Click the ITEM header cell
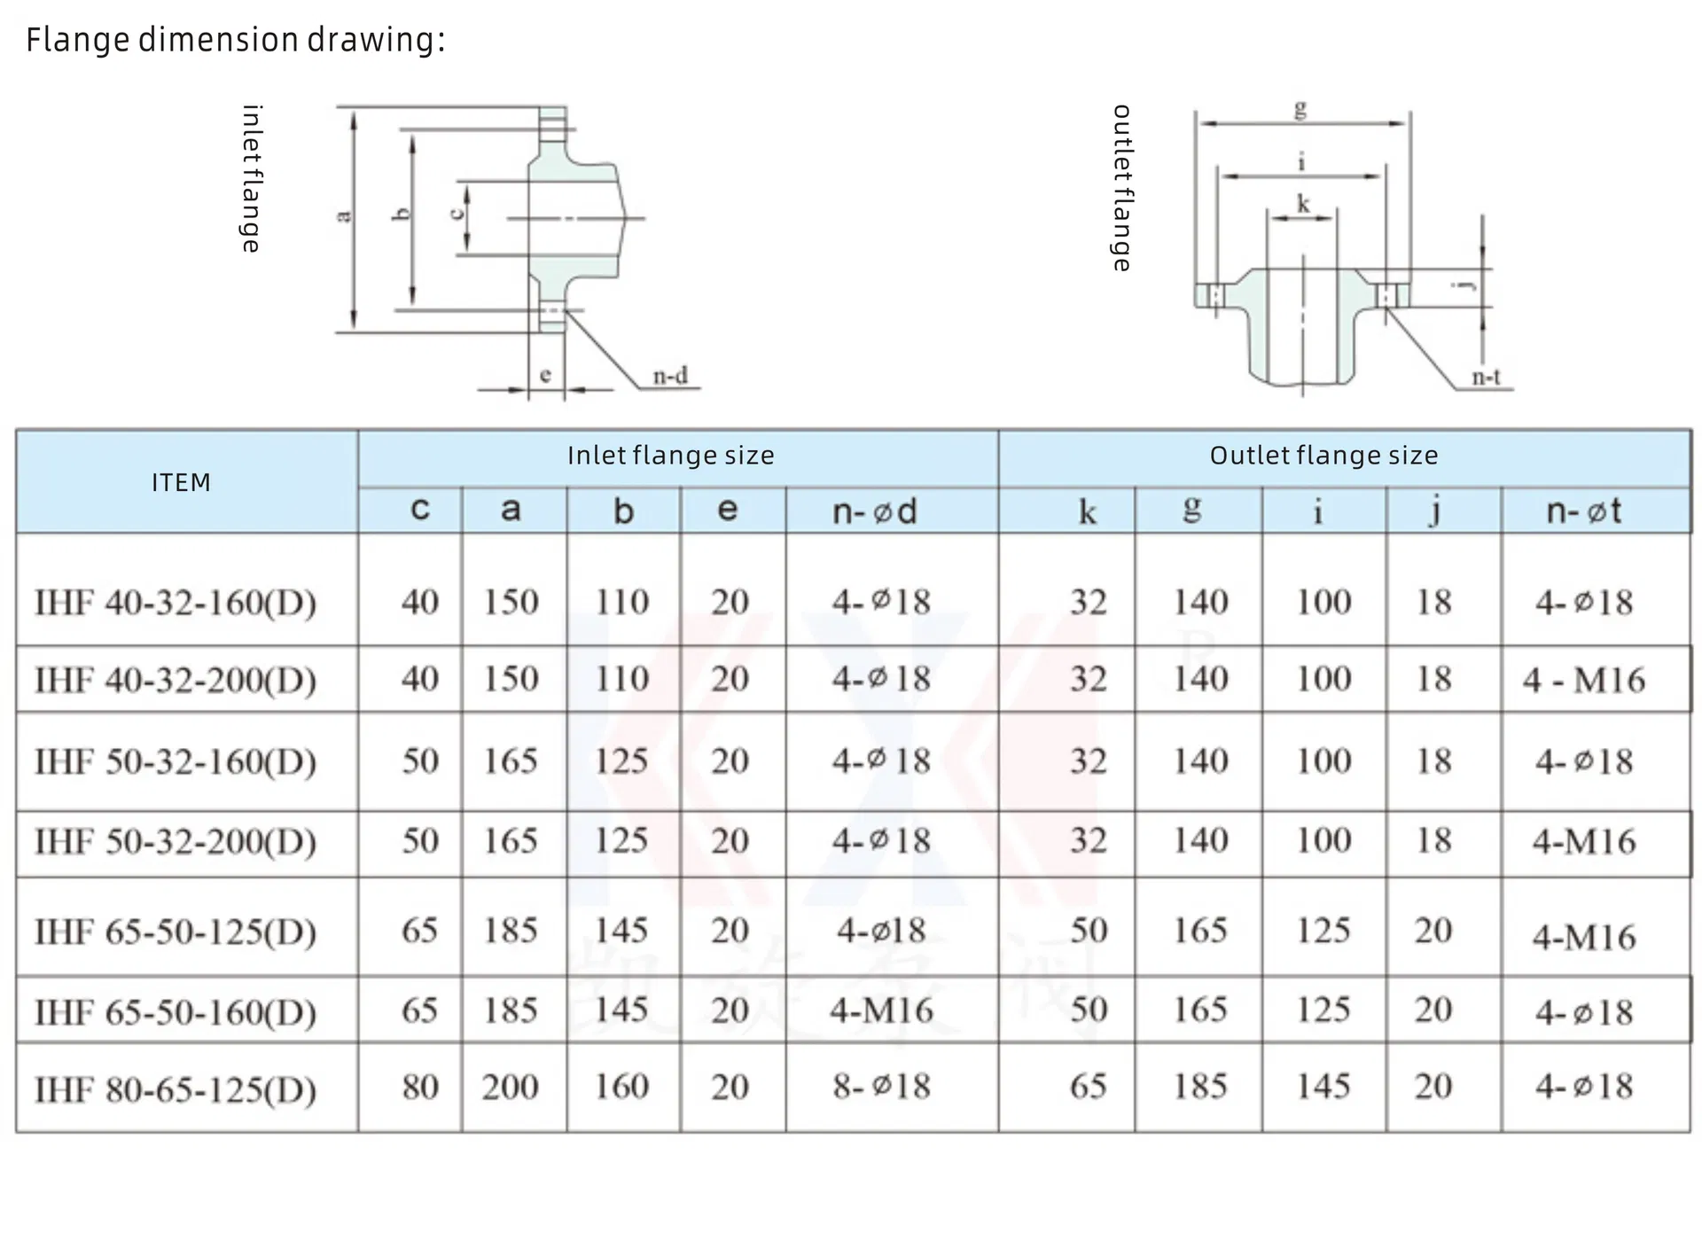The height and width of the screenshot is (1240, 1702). point(181,482)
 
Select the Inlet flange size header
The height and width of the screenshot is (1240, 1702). point(670,456)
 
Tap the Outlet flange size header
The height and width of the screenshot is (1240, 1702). point(1323,456)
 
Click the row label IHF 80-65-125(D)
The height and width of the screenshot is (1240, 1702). point(176,1088)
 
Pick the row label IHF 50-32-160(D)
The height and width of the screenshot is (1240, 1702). point(176,761)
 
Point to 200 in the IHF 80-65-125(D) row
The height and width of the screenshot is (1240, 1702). point(511,1087)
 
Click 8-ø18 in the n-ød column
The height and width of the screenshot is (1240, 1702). point(881,1087)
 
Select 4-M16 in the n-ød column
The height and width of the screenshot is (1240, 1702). point(881,1010)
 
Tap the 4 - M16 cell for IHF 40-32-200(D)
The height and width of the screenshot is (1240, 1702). point(1583,680)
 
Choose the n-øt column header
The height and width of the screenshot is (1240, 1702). point(1583,511)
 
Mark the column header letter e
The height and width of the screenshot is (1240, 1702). point(727,510)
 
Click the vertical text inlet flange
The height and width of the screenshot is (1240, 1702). point(252,179)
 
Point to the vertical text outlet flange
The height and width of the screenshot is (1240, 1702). point(1122,188)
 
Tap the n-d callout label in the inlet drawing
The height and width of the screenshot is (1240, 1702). point(670,377)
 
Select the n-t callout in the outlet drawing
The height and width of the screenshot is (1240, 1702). point(1486,378)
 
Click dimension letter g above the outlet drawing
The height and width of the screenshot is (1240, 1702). point(1300,109)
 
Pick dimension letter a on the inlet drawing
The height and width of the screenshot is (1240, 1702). point(344,215)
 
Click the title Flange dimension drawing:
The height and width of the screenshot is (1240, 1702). point(235,40)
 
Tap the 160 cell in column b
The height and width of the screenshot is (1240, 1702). point(621,1087)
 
